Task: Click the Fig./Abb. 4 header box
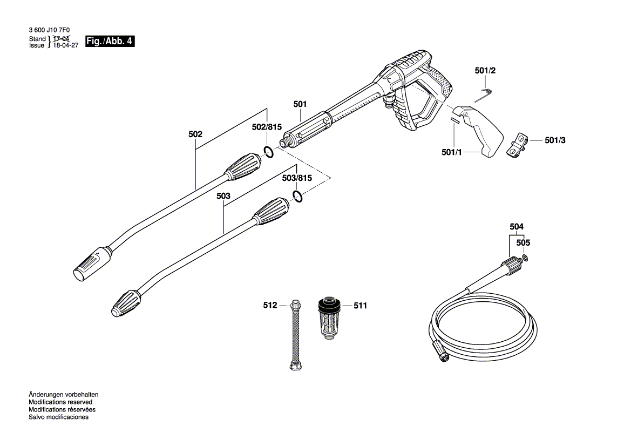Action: (110, 42)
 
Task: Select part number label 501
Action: (300, 104)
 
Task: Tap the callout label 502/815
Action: (267, 127)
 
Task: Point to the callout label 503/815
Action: (297, 178)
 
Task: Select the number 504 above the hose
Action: (517, 227)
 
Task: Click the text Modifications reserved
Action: (60, 402)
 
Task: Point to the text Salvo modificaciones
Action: (58, 417)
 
